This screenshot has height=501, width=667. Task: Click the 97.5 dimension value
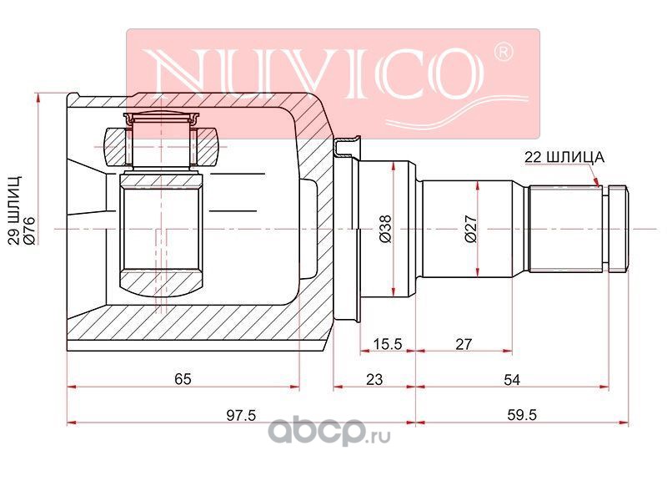tap(241, 414)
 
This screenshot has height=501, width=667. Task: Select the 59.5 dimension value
tap(522, 414)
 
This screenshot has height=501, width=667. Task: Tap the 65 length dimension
tap(183, 379)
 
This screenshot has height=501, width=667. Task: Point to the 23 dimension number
tap(374, 379)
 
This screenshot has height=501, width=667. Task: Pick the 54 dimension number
tap(512, 379)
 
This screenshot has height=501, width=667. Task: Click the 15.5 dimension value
tap(387, 343)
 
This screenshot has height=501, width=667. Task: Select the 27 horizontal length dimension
tap(464, 343)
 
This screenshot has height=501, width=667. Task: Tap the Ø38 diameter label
tap(386, 229)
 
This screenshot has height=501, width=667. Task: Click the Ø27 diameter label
tap(471, 229)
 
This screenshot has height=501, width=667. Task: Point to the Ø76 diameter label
tap(30, 230)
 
